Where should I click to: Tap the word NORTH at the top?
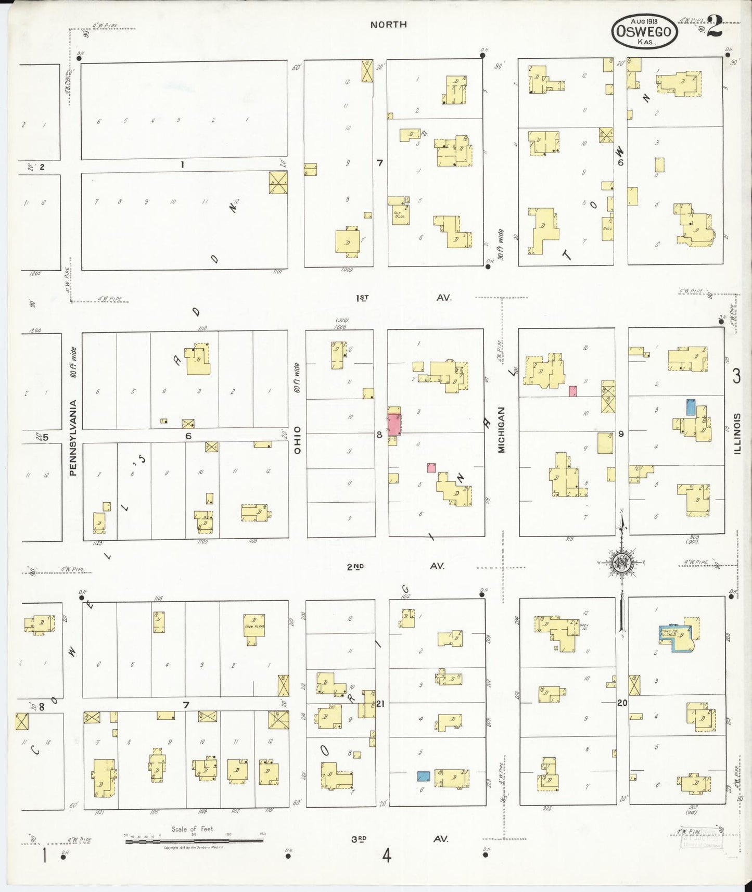click(388, 24)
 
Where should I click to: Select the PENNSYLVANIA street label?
click(73, 437)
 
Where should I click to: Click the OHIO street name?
click(297, 440)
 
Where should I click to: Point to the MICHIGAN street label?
click(502, 430)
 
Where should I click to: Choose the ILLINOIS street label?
click(737, 434)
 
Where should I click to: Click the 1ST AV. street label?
click(403, 298)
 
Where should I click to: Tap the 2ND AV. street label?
click(396, 566)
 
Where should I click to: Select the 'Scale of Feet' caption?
click(193, 829)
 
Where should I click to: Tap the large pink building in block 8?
click(394, 425)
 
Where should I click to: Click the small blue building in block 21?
click(424, 776)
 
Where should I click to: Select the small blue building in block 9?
click(691, 406)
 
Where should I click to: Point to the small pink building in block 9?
click(573, 391)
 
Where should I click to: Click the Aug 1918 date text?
click(644, 21)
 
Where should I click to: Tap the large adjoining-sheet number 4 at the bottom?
click(386, 856)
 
